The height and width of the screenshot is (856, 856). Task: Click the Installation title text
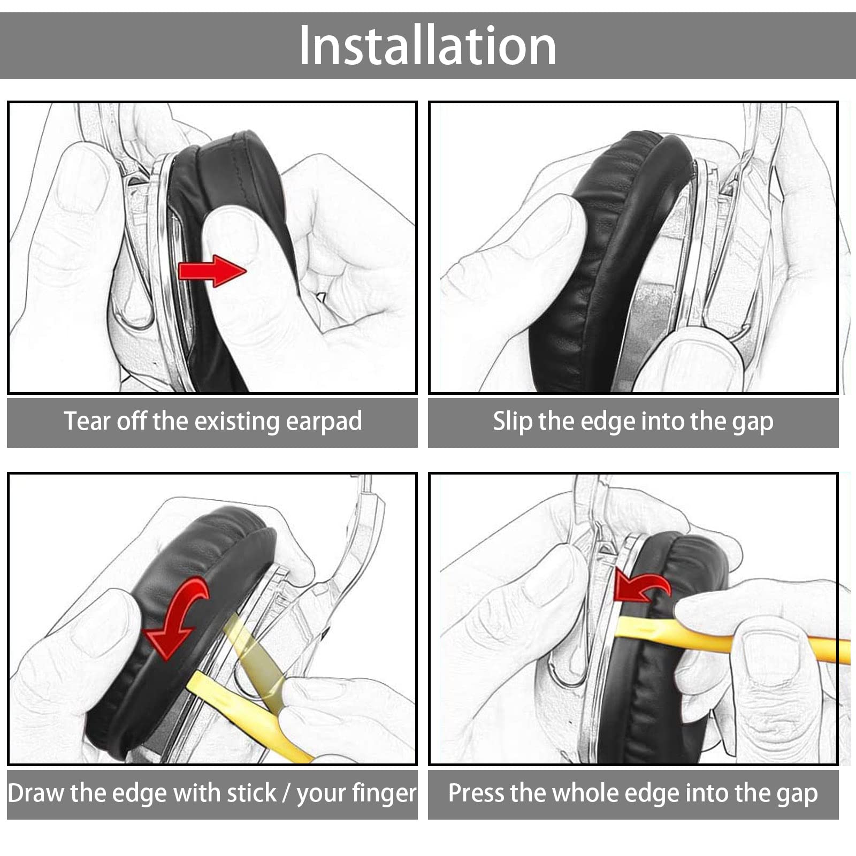point(427,46)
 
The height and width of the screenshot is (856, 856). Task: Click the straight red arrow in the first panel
point(212,271)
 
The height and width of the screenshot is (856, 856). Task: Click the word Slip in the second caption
point(513,422)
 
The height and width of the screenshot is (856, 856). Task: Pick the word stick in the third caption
point(251,793)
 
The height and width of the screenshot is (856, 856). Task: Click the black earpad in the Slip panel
point(605,262)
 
